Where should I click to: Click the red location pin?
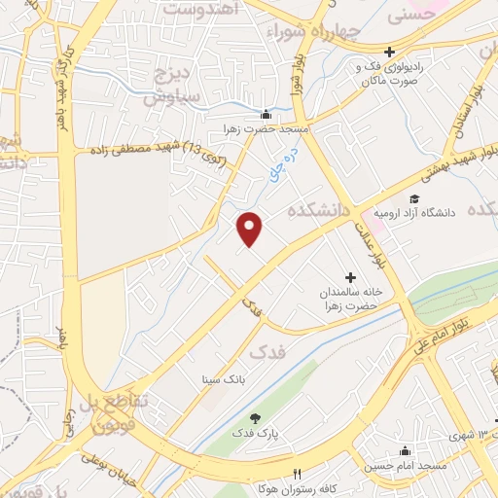(251, 228)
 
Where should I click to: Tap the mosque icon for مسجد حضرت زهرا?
(267, 114)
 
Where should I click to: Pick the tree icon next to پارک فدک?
(255, 416)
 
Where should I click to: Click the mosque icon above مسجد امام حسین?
(406, 451)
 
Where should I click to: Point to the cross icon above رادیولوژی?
(389, 52)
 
